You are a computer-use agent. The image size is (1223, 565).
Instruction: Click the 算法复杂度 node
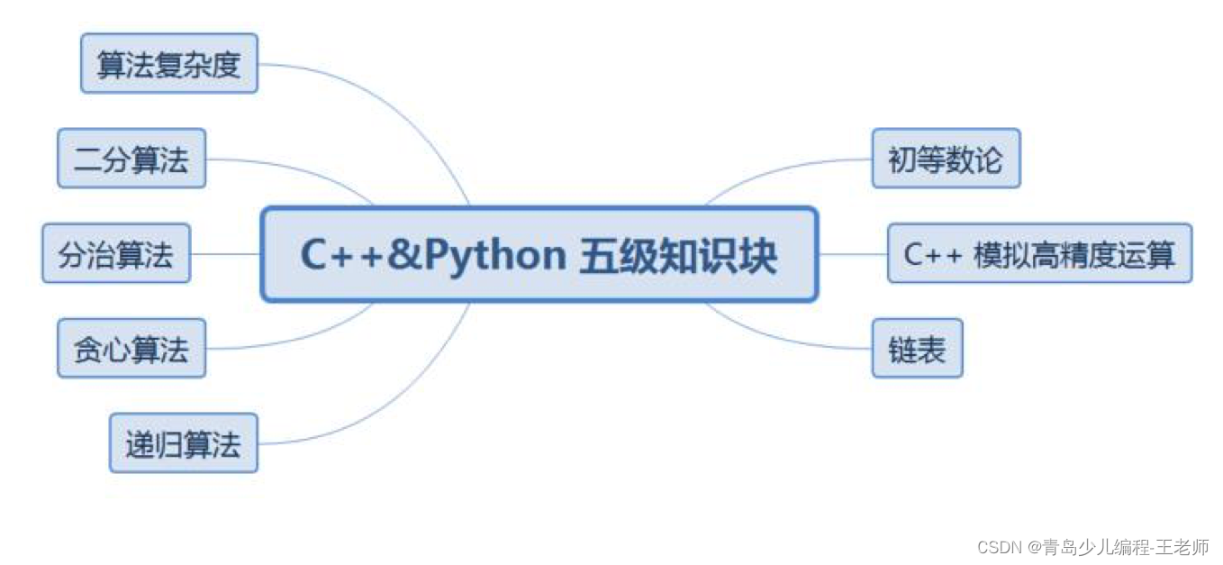(x=169, y=63)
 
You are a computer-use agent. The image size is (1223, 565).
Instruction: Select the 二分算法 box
(x=131, y=159)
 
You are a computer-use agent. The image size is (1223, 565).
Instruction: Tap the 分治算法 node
(x=116, y=254)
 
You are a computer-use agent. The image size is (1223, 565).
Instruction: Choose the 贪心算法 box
(x=131, y=349)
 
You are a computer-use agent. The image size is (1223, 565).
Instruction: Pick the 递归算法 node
(x=184, y=443)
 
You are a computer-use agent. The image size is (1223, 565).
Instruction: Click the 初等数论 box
(x=946, y=159)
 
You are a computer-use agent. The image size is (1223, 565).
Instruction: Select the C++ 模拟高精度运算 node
(x=1039, y=254)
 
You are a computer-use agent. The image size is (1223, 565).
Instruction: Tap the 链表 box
(x=917, y=349)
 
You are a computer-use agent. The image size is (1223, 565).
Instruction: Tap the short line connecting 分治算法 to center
(x=225, y=254)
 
